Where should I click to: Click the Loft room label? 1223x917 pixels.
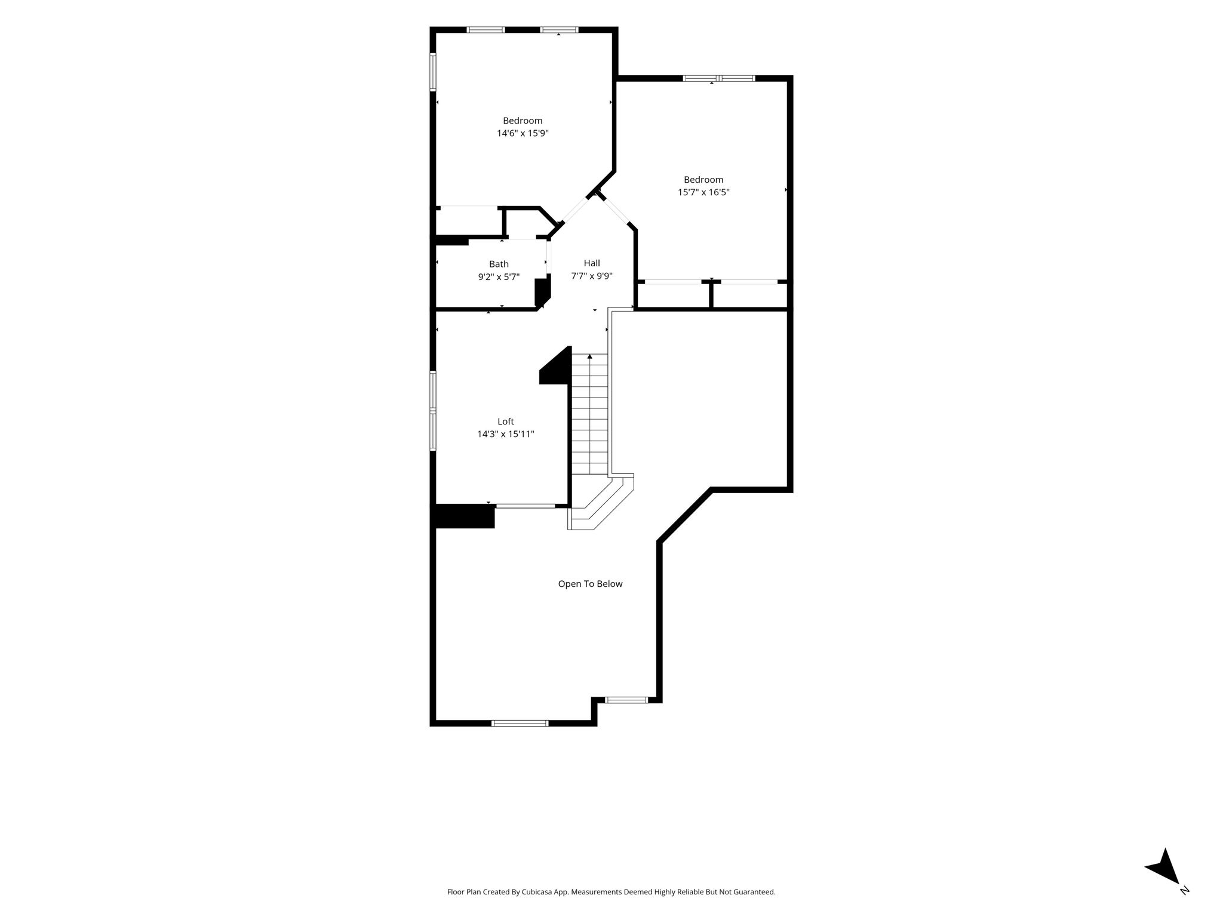505,421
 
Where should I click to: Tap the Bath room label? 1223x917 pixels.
499,264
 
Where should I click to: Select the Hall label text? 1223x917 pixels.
592,263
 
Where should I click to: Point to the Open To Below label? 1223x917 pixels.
590,584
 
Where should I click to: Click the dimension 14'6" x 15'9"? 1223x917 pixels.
523,133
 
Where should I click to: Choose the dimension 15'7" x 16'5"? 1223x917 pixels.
703,192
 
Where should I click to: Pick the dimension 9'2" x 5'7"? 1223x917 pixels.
499,277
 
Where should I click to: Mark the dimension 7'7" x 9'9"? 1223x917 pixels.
592,276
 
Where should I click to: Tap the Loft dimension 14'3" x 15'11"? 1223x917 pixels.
505,434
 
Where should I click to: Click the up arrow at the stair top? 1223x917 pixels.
589,356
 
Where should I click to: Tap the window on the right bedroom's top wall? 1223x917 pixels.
719,78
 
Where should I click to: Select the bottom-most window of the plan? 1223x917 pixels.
520,723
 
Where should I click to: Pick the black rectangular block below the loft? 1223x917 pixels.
465,516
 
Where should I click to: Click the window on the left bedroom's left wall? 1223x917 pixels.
433,72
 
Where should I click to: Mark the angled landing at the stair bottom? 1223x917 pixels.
600,501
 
